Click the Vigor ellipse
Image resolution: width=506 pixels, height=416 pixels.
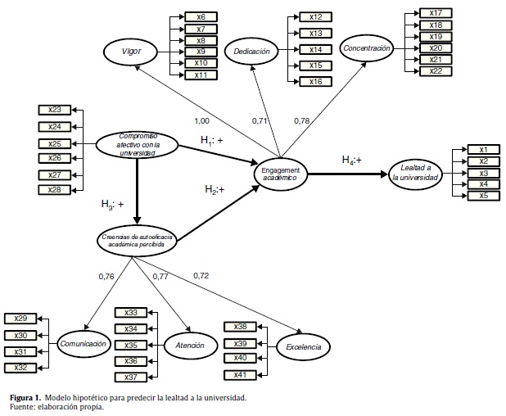click(x=132, y=51)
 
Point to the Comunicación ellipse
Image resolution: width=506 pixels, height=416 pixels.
click(x=84, y=344)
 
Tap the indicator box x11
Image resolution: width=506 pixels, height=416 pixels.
click(x=201, y=75)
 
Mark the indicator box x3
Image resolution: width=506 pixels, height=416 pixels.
click(x=483, y=173)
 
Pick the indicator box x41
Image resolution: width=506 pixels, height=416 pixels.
click(x=241, y=375)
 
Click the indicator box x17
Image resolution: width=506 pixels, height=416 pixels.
click(x=436, y=13)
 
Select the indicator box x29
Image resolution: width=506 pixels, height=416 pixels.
click(x=20, y=318)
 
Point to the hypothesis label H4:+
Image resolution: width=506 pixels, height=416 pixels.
click(x=353, y=160)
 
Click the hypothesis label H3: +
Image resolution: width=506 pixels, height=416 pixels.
click(x=113, y=204)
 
